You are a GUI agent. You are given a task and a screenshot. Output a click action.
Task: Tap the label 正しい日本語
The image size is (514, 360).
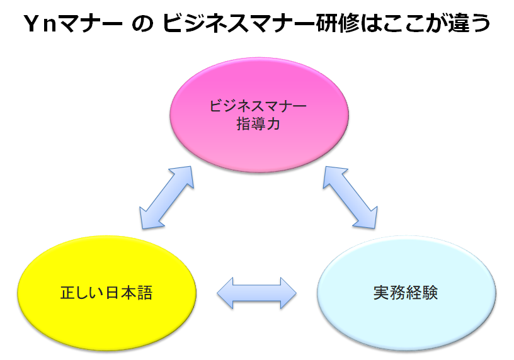(106, 293)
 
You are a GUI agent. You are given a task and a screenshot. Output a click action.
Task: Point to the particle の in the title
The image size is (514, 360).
(142, 24)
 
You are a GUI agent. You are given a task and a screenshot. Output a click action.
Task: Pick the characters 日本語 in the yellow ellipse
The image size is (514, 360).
(129, 293)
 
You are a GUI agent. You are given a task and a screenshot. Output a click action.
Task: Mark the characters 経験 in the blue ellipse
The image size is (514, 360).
(420, 293)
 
